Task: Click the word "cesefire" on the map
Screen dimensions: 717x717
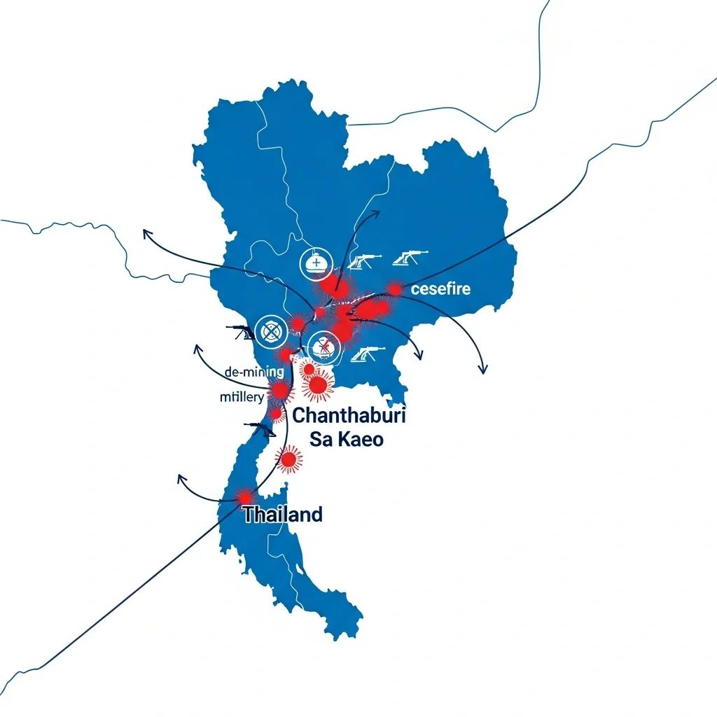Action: [440, 288]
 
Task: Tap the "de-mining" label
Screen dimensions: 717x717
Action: [253, 372]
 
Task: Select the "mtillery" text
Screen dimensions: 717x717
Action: [242, 398]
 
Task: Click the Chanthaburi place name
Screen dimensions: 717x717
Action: [349, 415]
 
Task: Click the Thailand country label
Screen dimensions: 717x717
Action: [283, 515]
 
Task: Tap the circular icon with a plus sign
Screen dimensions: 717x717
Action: [314, 263]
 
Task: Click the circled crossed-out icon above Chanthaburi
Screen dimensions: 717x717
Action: [323, 346]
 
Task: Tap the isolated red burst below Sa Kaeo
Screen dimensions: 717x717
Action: [288, 459]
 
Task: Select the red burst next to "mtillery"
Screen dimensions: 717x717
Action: [279, 390]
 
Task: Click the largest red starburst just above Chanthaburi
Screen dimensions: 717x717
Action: [318, 384]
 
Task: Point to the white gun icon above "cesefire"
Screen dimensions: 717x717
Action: [410, 258]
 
